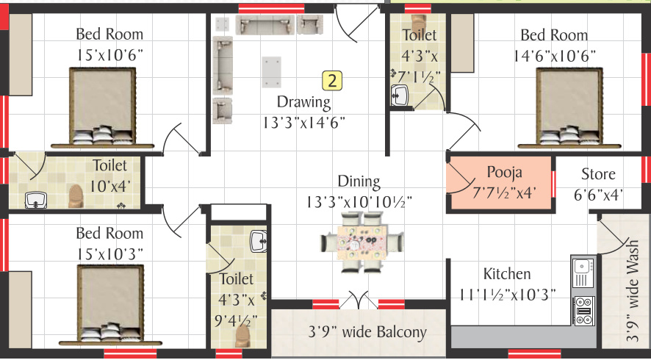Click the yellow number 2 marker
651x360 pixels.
(332, 81)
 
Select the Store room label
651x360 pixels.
(598, 174)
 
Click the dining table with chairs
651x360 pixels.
(362, 242)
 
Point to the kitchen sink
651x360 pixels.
(583, 272)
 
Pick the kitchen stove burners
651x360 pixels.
(583, 311)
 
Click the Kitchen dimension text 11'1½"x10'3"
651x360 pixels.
(507, 294)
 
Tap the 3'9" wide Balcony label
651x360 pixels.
(367, 332)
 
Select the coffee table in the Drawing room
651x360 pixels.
(272, 72)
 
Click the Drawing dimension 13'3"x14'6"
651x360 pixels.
(304, 122)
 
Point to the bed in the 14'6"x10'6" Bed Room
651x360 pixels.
(569, 107)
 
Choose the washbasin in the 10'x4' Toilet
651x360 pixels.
(35, 200)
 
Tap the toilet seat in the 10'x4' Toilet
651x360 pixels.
(76, 196)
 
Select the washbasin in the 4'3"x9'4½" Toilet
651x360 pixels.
(259, 241)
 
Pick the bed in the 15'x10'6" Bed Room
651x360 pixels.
(103, 107)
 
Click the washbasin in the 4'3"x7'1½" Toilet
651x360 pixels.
(400, 96)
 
